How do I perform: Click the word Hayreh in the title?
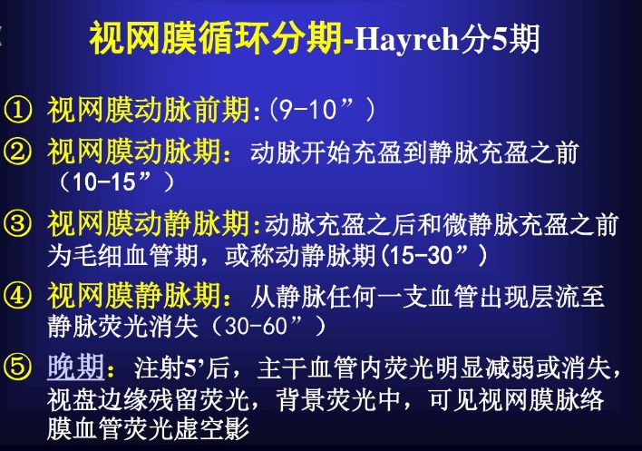[x=406, y=39]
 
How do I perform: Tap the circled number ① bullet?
[x=17, y=110]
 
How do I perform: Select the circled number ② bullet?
[x=17, y=152]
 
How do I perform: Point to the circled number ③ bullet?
[x=17, y=223]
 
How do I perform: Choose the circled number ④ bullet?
[x=17, y=295]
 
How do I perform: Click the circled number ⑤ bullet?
[x=17, y=367]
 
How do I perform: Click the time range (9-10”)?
[x=322, y=110]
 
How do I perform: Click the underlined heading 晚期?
[x=76, y=367]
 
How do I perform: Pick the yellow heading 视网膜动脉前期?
[x=148, y=110]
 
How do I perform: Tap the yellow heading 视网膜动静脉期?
[x=148, y=223]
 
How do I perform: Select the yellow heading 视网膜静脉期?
[x=134, y=295]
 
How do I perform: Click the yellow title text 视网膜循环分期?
[x=216, y=39]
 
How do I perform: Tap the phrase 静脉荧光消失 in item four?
[x=122, y=327]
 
